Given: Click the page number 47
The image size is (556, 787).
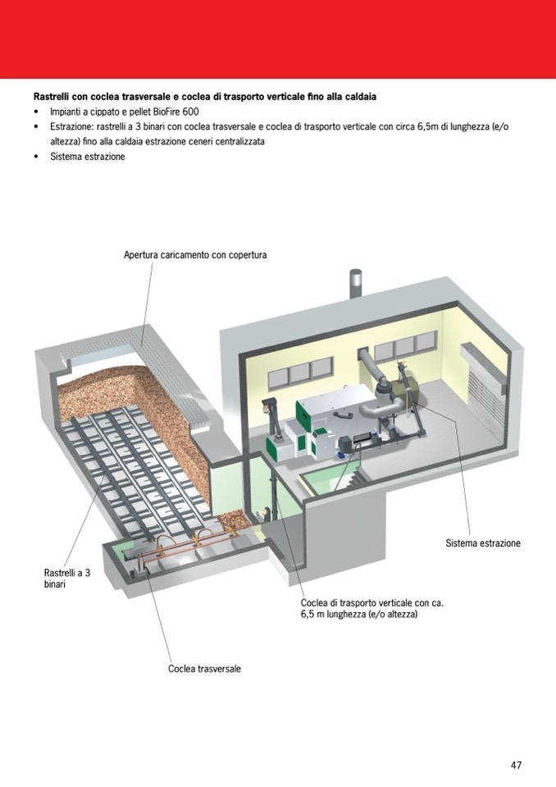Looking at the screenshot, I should click(x=516, y=765).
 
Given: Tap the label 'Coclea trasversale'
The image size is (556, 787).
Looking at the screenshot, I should click(x=204, y=669).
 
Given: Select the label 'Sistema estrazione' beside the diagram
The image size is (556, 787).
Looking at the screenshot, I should click(x=483, y=543).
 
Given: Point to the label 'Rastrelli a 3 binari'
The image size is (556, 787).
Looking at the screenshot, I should click(x=66, y=579).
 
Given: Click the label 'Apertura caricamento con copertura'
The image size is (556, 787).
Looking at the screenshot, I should click(x=195, y=255).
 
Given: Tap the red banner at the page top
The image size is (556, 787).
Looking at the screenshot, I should click(x=278, y=39).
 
